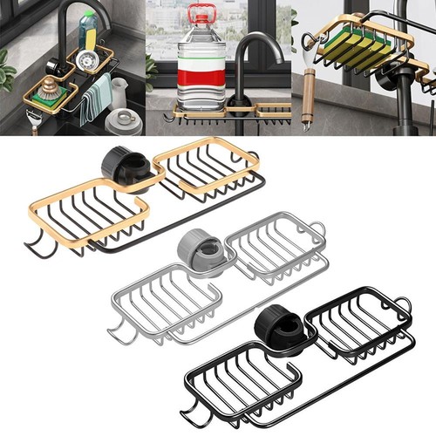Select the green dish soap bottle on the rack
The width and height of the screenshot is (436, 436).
[x=87, y=32]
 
